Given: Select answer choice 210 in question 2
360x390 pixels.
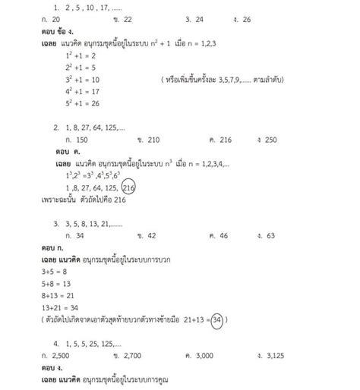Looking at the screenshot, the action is click(x=146, y=140).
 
